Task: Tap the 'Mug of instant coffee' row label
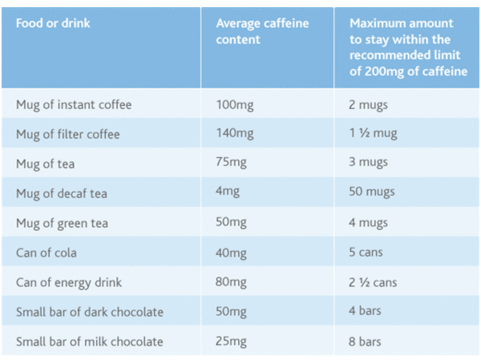pos(74,104)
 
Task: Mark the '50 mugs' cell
pos(375,193)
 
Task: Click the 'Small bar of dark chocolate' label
pos(90,312)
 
